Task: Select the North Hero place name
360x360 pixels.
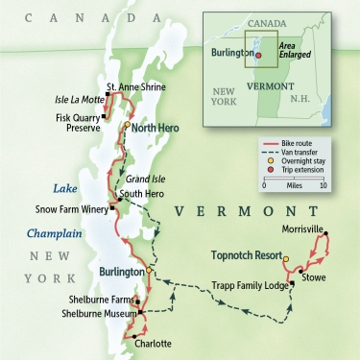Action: (158, 126)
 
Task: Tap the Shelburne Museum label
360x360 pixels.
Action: (94, 313)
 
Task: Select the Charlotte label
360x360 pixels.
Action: (153, 343)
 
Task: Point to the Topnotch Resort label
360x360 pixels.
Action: (244, 256)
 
